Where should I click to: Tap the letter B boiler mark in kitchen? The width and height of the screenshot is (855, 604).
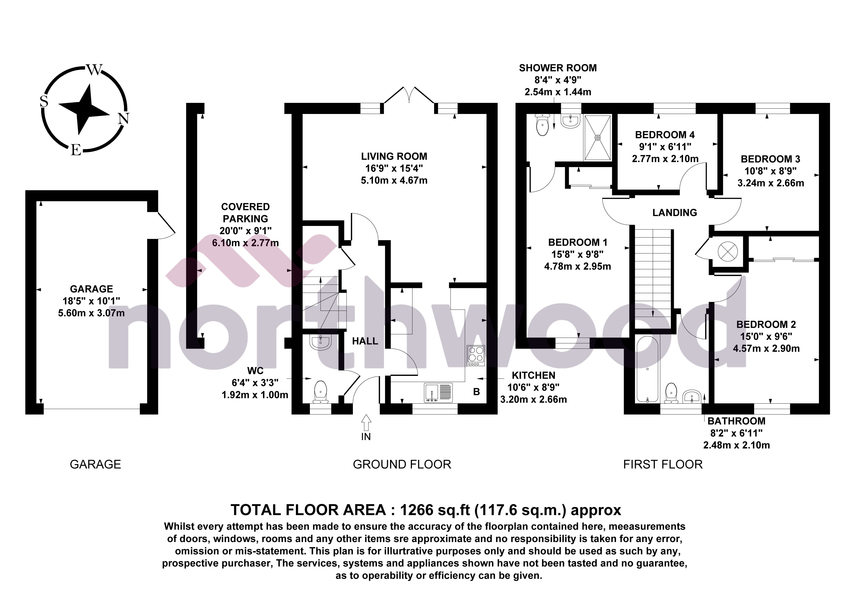click(x=476, y=392)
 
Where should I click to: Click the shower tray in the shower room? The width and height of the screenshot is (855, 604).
click(x=597, y=138)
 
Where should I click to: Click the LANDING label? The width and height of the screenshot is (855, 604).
click(x=674, y=213)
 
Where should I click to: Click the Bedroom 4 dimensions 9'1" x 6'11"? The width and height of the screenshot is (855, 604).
click(x=665, y=147)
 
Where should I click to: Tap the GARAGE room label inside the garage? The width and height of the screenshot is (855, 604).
click(x=91, y=289)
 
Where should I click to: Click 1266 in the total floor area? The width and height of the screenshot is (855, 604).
click(x=416, y=510)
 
